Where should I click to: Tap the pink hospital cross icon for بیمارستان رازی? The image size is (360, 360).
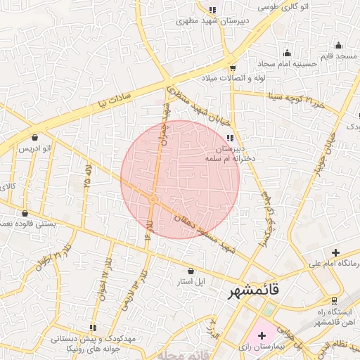[262, 336]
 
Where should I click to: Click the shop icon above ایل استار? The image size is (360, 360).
[191, 271]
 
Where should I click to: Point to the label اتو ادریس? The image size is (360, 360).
[34, 148]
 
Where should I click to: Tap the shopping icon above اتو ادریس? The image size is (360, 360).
[35, 136]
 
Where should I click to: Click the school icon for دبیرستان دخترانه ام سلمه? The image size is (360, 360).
[231, 138]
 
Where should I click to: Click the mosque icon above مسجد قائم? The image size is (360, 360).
[338, 46]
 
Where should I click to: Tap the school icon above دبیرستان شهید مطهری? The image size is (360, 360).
[212, 11]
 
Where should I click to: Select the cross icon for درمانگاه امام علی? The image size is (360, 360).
[335, 253]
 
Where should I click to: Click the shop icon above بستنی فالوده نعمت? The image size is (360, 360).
[25, 213]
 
